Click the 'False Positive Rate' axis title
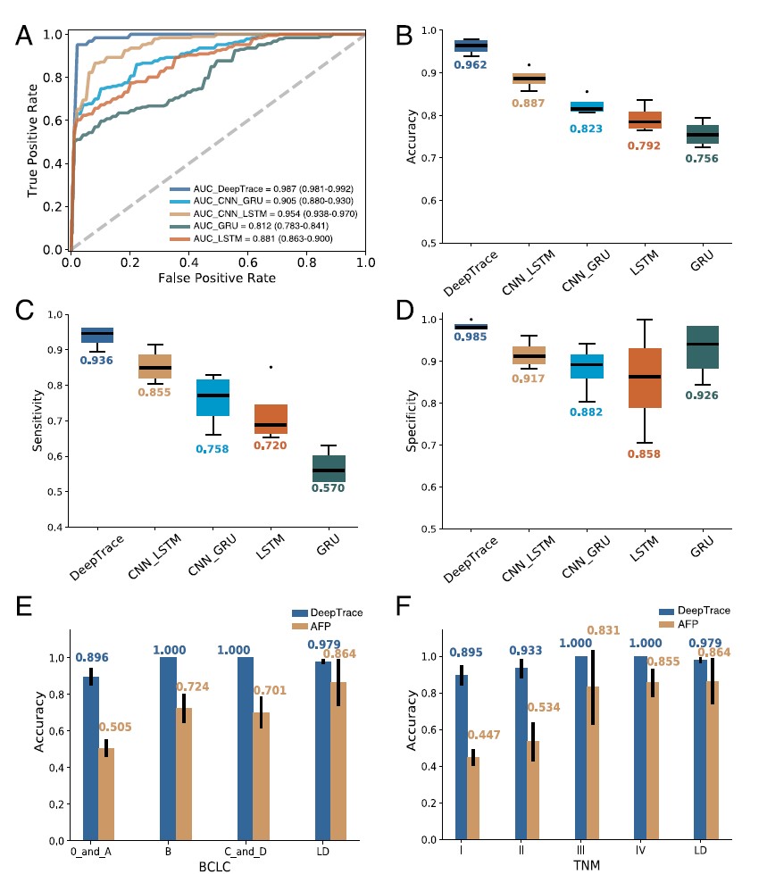coord(217,279)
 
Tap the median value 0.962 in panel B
coord(471,65)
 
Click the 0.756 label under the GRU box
coord(700,159)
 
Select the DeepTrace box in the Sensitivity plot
coord(97,335)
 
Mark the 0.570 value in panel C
coord(329,488)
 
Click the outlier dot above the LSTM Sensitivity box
coord(271,367)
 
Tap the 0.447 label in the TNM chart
coord(486,736)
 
